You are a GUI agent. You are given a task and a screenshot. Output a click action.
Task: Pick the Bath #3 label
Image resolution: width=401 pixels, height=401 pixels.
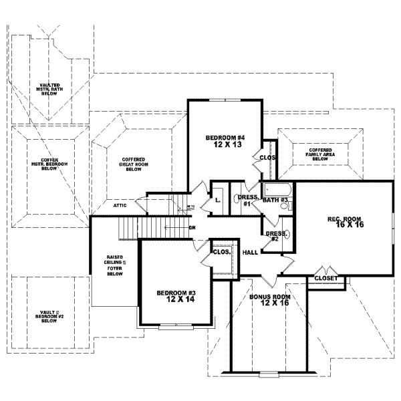275,200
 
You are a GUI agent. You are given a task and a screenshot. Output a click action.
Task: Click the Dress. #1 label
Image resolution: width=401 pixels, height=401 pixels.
247,200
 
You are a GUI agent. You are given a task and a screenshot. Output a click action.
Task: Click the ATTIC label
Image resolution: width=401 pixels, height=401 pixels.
120,206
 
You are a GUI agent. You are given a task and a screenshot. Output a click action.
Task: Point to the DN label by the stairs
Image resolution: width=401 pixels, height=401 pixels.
192,228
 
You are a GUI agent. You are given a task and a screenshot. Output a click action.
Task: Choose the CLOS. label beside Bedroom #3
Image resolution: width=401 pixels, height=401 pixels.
221,253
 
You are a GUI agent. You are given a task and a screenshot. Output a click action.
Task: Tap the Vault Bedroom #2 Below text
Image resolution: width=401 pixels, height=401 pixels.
49,316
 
